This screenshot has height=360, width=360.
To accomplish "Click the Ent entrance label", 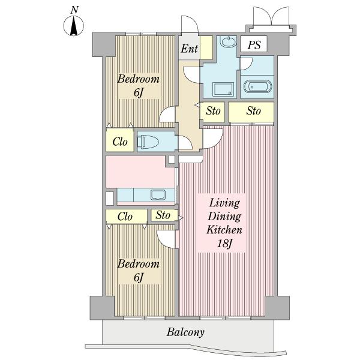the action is (x=189, y=49).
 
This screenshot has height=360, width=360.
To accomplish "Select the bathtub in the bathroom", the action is (x=257, y=86).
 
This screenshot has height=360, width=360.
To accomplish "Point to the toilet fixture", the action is (x=148, y=142).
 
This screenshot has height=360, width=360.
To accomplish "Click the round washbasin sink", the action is (x=229, y=42).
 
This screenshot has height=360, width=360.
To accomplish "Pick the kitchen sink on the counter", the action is (x=158, y=195).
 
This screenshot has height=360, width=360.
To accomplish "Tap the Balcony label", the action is (x=185, y=332).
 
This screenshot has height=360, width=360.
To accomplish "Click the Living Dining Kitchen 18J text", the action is (x=224, y=223).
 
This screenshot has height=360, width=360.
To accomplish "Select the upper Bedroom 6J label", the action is (x=139, y=85).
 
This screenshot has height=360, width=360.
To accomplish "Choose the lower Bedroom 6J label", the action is (x=139, y=270).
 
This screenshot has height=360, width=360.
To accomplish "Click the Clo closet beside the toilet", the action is (x=120, y=140).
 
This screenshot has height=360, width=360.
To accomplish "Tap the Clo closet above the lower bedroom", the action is (x=127, y=216).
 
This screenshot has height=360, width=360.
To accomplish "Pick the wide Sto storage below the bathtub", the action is (x=251, y=112).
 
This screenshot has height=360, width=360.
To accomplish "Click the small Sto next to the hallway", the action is (x=212, y=112).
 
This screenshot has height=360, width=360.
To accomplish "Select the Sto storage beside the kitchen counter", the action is (x=164, y=215).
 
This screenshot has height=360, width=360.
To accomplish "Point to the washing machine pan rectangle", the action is (x=223, y=89).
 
